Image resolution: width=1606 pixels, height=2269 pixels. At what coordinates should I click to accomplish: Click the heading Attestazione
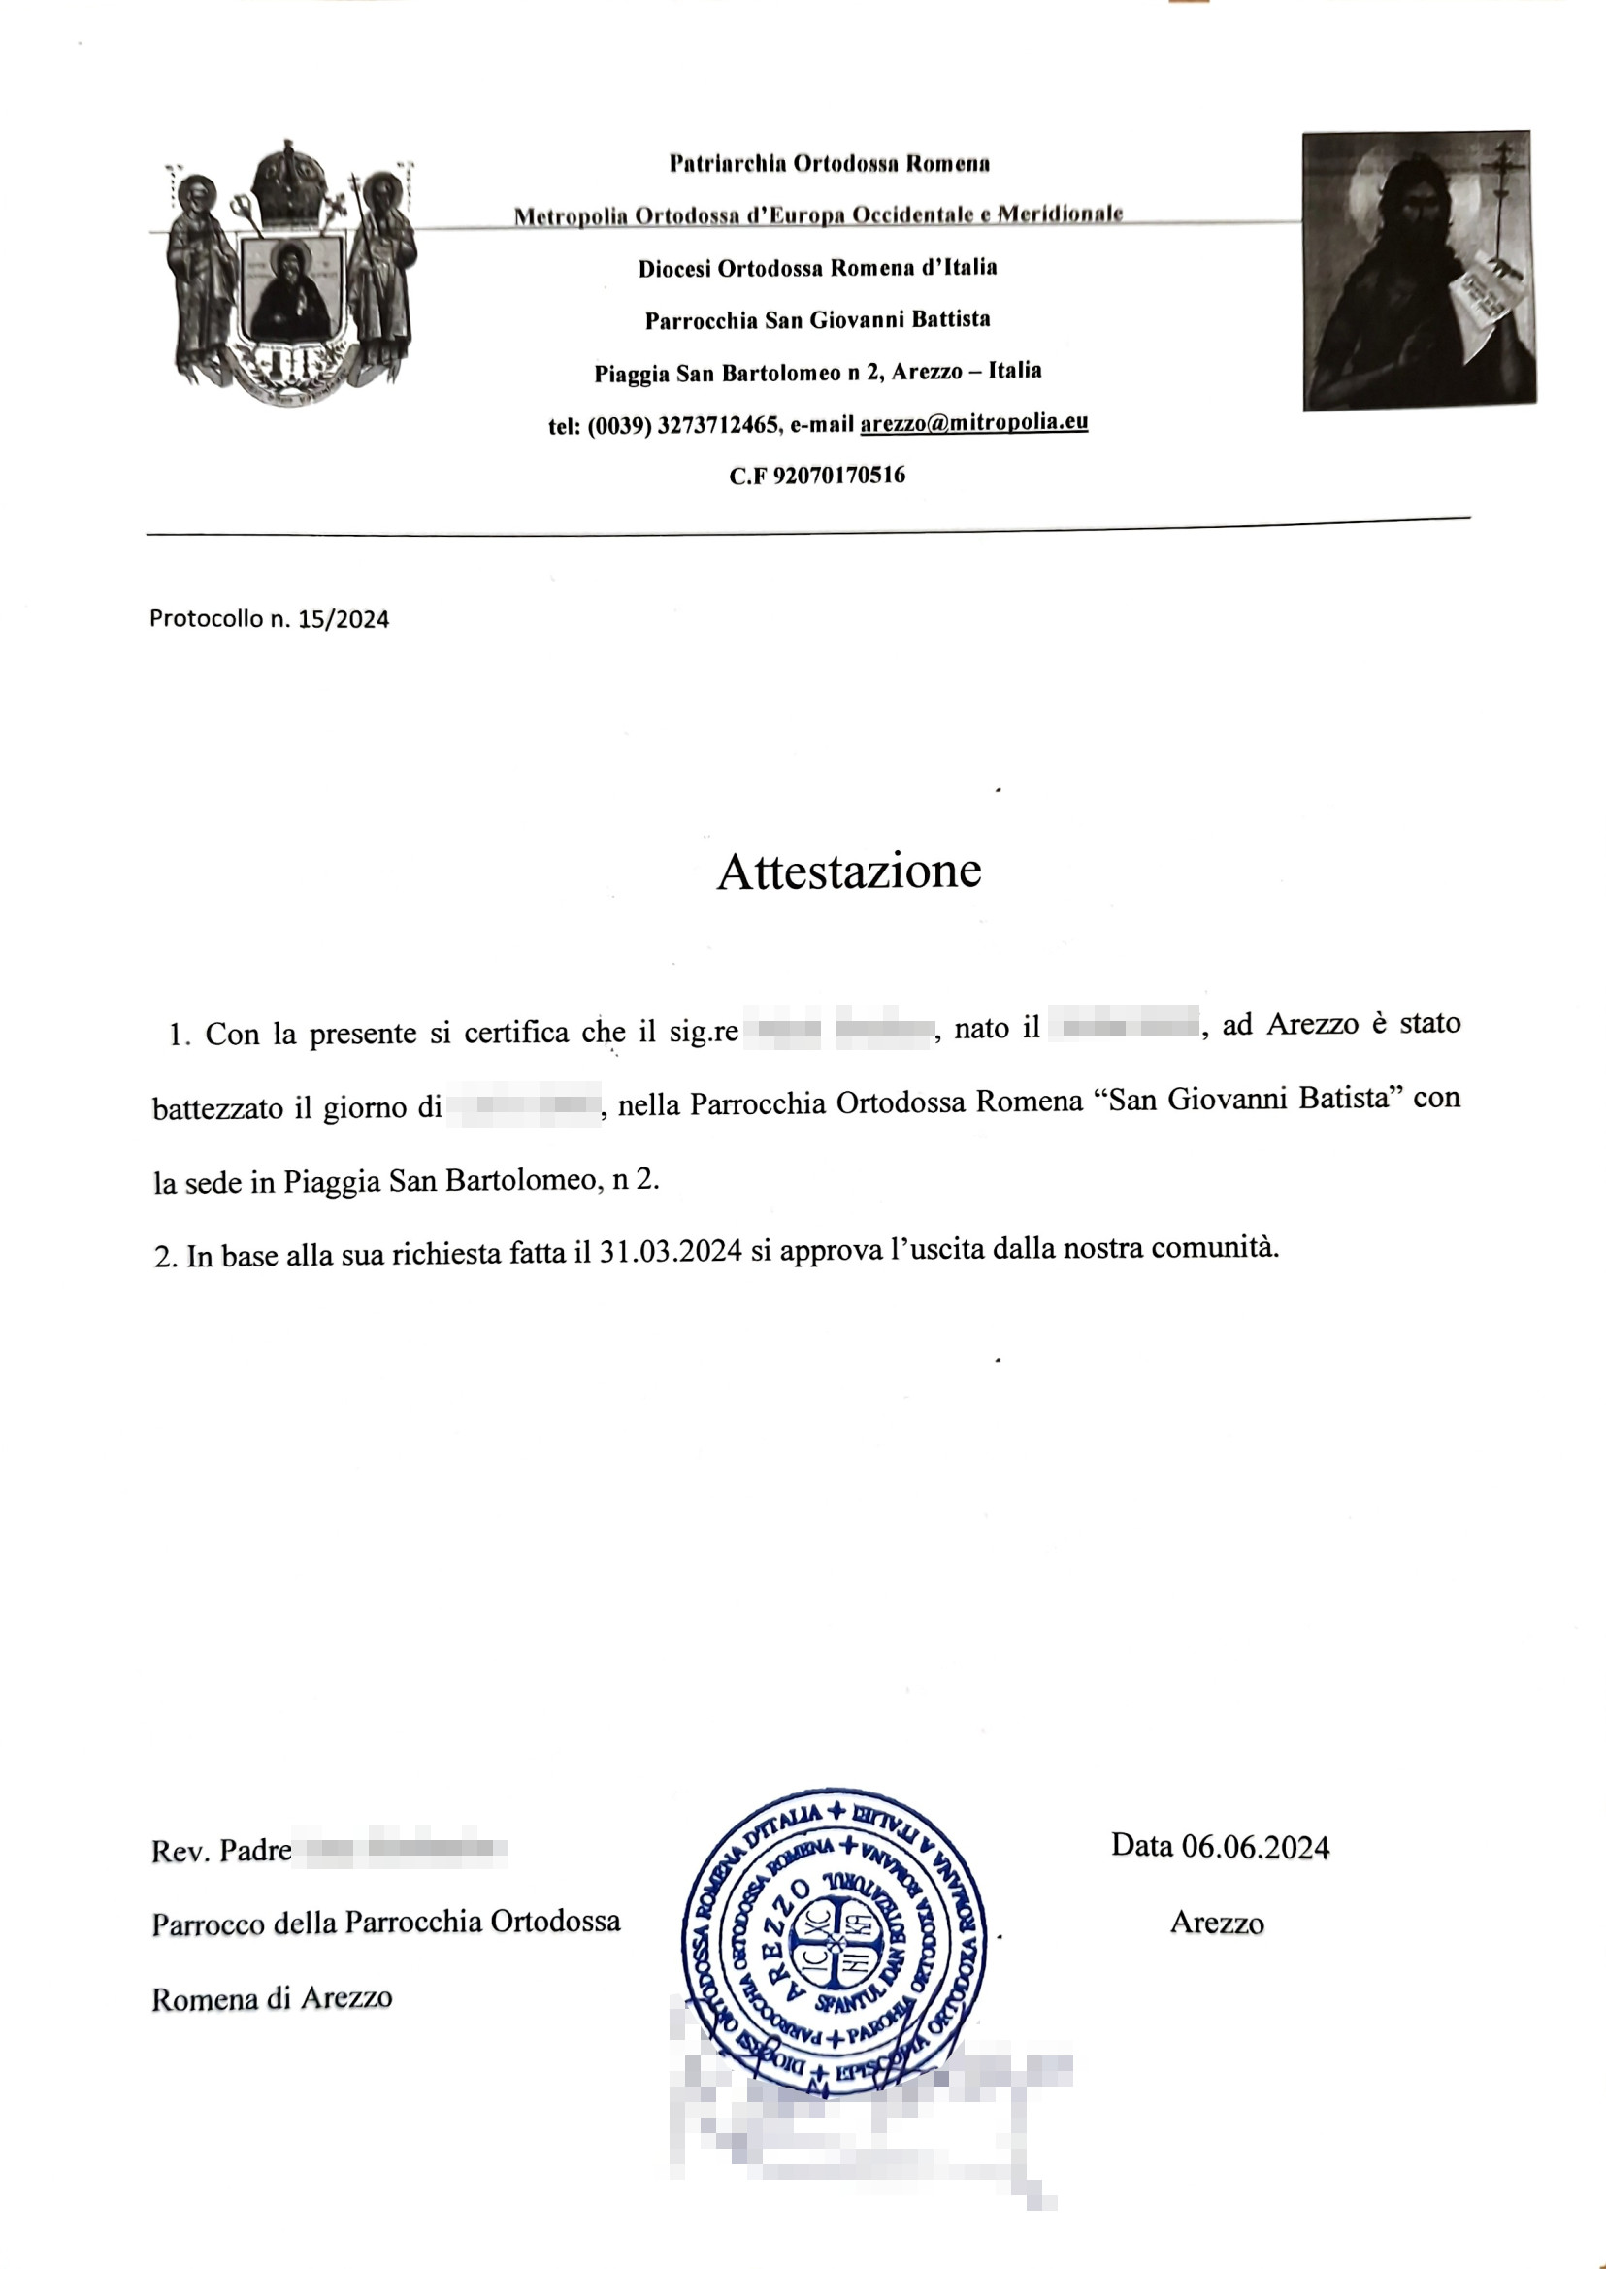click(848, 872)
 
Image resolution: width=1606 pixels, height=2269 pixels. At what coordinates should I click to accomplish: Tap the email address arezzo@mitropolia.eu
click(973, 423)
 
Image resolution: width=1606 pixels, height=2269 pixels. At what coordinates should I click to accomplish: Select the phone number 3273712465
click(718, 426)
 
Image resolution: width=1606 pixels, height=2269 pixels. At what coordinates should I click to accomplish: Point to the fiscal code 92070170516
click(838, 476)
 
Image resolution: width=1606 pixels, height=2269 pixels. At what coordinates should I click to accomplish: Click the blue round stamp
click(835, 1942)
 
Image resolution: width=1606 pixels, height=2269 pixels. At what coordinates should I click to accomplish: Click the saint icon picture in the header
click(1418, 270)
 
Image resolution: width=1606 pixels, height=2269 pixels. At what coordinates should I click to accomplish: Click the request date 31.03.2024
click(671, 1252)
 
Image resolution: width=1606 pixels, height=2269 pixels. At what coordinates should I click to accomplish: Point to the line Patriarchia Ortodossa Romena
click(829, 164)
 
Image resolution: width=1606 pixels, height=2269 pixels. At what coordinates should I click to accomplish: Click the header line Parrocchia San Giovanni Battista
click(817, 320)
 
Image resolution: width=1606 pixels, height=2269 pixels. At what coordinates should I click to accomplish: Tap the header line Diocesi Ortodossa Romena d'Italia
click(817, 268)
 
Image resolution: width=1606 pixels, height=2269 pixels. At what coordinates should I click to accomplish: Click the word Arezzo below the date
click(1216, 1923)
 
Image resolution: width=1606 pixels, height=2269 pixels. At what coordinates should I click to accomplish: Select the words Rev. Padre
click(220, 1851)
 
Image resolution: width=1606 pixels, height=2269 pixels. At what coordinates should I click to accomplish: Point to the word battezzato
click(217, 1107)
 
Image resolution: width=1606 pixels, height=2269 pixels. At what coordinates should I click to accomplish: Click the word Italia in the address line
click(1015, 371)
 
